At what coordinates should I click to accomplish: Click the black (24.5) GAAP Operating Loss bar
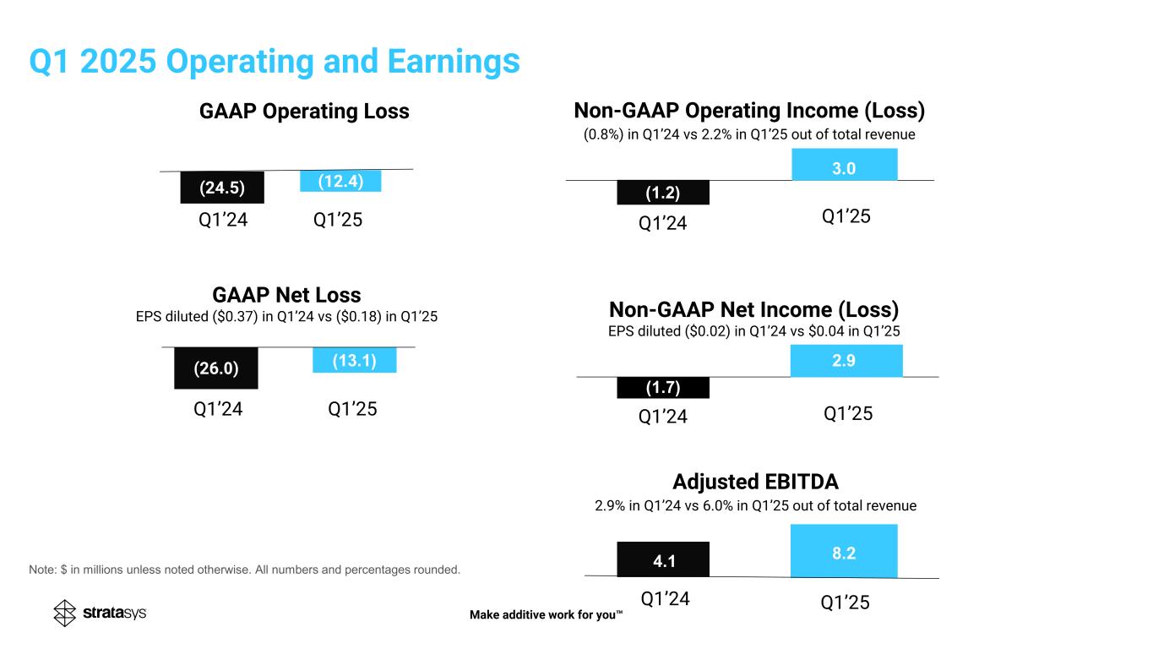click(x=222, y=188)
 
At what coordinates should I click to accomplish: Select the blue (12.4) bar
click(x=340, y=181)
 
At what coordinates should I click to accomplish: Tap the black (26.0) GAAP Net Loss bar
click(x=215, y=368)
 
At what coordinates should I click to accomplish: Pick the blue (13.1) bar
click(x=354, y=361)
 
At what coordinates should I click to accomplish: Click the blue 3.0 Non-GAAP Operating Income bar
click(x=844, y=165)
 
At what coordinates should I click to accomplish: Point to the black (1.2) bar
click(x=663, y=194)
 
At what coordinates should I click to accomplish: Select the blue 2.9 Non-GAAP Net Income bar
click(x=846, y=362)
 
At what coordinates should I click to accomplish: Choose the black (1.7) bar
click(x=663, y=388)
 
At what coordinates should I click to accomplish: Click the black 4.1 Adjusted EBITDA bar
click(x=663, y=558)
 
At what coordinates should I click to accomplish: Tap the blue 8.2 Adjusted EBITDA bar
click(x=844, y=551)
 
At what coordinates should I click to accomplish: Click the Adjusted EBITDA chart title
click(x=755, y=482)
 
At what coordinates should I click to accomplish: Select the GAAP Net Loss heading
click(x=286, y=295)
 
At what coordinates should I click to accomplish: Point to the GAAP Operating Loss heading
click(x=304, y=112)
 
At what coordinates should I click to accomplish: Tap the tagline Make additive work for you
click(x=546, y=615)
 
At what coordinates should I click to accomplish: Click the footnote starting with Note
click(x=245, y=570)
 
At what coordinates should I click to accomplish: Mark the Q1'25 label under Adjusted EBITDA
click(x=845, y=603)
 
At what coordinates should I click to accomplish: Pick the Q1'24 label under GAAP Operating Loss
click(x=222, y=221)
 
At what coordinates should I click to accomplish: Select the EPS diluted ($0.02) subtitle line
click(x=753, y=332)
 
